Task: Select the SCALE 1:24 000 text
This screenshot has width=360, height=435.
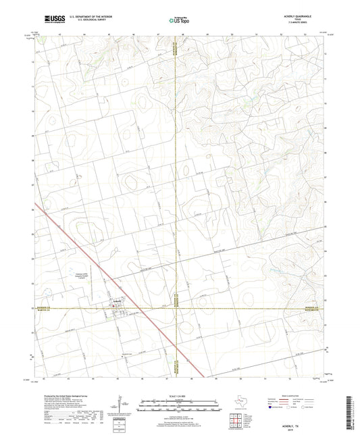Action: [x=179, y=396]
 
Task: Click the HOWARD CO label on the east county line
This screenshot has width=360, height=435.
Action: [x=316, y=305]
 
